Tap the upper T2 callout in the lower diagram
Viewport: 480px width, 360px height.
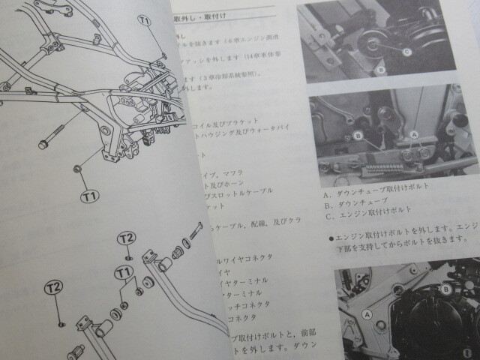pos(126,238)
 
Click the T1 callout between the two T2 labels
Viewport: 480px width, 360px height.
pos(121,271)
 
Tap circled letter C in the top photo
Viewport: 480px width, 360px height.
pos(406,52)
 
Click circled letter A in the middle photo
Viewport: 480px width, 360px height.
pos(412,135)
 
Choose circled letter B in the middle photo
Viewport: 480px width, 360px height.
pos(358,135)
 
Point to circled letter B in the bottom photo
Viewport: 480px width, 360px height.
pos(445,288)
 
